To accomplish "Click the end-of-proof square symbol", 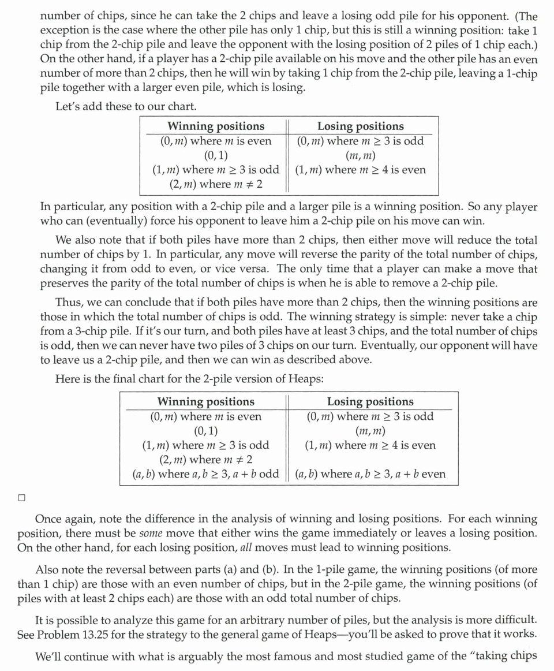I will [x=21, y=497].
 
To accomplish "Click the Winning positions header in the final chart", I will [x=205, y=401].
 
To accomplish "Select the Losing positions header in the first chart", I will [x=360, y=126].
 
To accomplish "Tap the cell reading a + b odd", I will [x=205, y=474].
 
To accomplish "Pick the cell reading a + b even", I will [x=370, y=474].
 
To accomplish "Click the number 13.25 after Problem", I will [x=94, y=634].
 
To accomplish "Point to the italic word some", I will [x=149, y=533].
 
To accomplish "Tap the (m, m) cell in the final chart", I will [x=370, y=431].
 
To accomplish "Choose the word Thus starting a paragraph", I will [x=67, y=303].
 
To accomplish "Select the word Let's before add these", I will [x=69, y=106].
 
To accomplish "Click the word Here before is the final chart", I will [x=68, y=379].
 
